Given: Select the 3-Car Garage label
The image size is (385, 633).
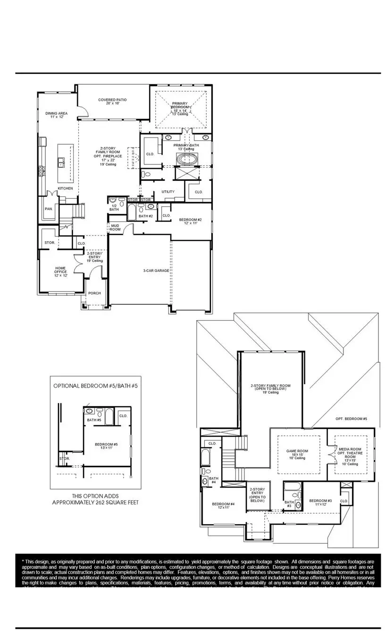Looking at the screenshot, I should [156, 271].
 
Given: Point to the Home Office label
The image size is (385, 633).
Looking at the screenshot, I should [60, 271].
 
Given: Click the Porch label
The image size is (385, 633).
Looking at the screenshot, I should [94, 293].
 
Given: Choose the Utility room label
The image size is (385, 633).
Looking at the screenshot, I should [168, 192].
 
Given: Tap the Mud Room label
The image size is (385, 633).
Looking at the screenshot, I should [115, 227].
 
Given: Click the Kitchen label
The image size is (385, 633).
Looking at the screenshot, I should [65, 188].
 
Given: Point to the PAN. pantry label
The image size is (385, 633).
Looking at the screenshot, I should [49, 208].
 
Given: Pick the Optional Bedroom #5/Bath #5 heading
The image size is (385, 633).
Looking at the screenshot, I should [95, 385].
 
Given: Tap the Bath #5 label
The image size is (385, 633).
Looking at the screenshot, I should [94, 420].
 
